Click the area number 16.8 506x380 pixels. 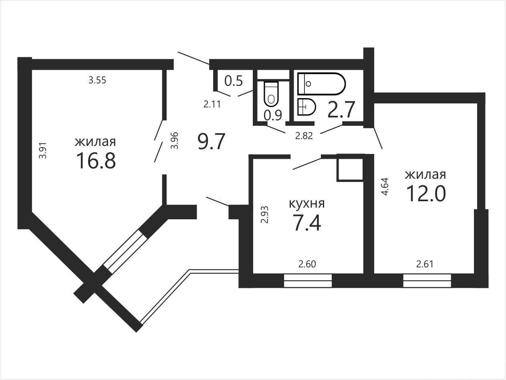96,161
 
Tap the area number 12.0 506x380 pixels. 426,194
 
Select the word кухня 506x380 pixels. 307,204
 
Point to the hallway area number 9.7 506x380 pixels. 211,141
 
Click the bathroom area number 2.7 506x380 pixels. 341,110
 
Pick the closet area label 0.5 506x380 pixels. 234,81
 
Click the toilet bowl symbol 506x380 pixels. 271,94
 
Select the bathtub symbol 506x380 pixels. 322,83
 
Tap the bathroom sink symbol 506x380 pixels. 306,107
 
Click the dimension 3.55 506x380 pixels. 97,81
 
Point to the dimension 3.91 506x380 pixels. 43,150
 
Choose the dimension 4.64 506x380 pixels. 385,187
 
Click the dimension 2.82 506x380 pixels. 304,136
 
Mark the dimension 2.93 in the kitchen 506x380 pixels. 265,214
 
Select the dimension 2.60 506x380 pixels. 307,264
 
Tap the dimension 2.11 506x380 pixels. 212,105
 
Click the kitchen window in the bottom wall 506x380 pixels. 308,281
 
